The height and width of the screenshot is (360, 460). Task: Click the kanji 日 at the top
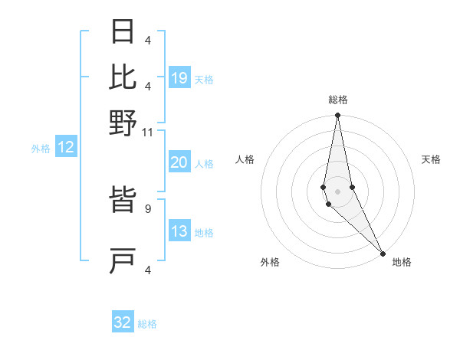[x=123, y=33]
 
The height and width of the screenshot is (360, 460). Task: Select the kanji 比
[x=123, y=77]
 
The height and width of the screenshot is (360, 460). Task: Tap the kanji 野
[x=123, y=123]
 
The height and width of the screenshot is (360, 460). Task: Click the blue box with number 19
[x=179, y=78]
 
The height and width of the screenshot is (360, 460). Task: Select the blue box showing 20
[x=179, y=163]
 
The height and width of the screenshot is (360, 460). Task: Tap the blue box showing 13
[x=179, y=232]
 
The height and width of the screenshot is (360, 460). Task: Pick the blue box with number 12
[x=66, y=148]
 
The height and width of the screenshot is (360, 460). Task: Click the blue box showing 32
[x=123, y=322]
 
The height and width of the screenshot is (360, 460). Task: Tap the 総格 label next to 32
[x=148, y=324]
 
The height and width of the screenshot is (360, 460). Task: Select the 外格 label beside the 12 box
[x=41, y=149]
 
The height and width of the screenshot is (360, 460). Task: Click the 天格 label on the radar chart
[x=431, y=159]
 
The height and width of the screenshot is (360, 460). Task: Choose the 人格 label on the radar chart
[x=245, y=159]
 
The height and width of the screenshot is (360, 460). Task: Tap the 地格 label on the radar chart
[x=402, y=262]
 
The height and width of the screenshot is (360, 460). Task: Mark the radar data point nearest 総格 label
[x=337, y=116]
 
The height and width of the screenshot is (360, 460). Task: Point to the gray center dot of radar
[x=337, y=191]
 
